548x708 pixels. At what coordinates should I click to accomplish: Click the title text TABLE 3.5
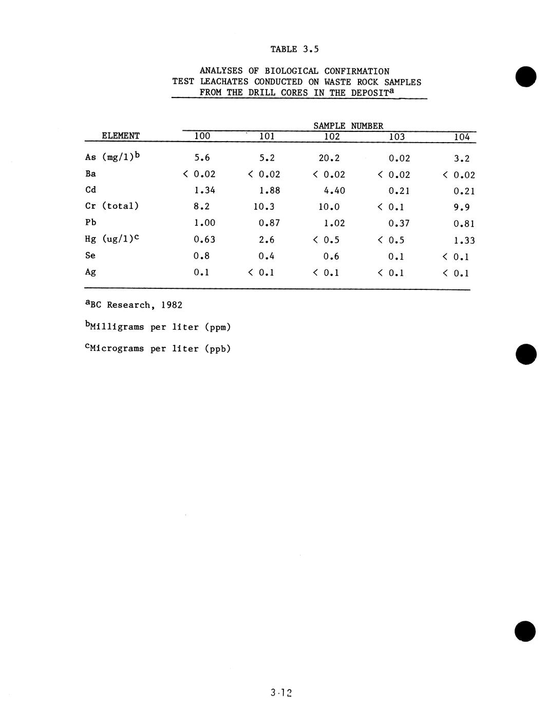[x=294, y=49]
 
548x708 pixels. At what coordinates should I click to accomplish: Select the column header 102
[x=332, y=136]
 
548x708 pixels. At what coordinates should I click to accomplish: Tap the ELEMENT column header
[x=121, y=136]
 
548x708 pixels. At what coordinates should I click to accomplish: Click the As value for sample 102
[x=329, y=158]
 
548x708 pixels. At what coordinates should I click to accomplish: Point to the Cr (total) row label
[x=112, y=206]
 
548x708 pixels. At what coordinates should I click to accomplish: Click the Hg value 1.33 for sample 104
[x=464, y=240]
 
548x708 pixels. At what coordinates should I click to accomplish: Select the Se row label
[x=90, y=255]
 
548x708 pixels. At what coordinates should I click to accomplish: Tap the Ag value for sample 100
[x=201, y=272]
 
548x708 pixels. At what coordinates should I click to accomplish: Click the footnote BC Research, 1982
[x=134, y=305]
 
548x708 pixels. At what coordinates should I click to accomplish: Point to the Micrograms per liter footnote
[x=158, y=349]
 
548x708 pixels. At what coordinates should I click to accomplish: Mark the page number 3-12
[x=281, y=693]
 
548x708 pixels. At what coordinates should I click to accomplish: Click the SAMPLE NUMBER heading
[x=348, y=126]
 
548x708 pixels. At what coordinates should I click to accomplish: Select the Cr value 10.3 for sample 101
[x=263, y=207]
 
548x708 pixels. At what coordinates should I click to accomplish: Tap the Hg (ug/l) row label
[x=112, y=239]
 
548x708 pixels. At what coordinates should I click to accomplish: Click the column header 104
[x=462, y=137]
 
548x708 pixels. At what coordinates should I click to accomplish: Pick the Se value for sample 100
[x=201, y=256]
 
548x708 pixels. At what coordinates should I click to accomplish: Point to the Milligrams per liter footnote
[x=158, y=327]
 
